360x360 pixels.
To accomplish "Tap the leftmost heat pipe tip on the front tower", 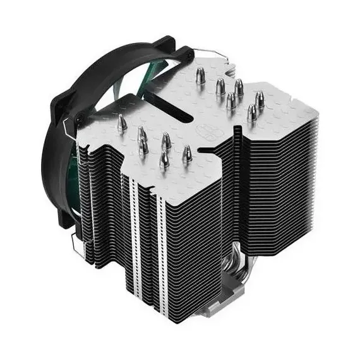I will point(118,121).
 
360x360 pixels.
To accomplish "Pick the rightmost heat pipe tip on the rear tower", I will point(259,97).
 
